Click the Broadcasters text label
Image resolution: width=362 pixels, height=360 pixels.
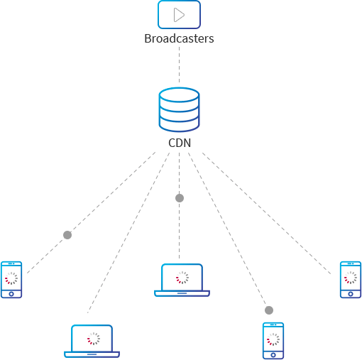pos(179,38)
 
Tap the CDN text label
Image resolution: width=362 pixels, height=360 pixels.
pos(180,143)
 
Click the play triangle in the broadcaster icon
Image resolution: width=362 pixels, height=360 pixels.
pos(179,15)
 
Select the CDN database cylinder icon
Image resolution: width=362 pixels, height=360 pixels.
pos(179,109)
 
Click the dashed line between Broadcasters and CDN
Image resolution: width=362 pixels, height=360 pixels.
pos(179,65)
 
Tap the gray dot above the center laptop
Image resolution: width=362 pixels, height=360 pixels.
pos(180,198)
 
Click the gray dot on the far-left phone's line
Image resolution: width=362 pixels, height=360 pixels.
pos(67,235)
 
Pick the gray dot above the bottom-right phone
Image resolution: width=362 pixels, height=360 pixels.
pos(269,310)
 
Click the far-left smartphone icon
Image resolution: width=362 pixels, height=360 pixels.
pos(11,280)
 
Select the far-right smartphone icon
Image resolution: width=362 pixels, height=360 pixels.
pos(351,280)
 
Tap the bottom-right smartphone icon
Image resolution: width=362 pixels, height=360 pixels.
pos(273,341)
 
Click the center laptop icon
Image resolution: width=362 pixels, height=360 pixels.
pos(182,280)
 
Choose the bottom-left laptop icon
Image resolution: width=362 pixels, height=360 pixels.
pos(92,341)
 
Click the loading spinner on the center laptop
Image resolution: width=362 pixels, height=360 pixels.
pos(182,278)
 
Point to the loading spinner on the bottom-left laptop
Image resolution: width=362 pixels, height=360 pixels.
pos(94,339)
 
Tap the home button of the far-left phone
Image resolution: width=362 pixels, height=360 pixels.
pos(11,294)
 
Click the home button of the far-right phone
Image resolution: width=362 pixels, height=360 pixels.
pos(351,294)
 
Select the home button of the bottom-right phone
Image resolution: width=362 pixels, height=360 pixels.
pos(273,355)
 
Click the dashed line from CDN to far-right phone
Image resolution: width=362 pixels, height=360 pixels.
pos(267,214)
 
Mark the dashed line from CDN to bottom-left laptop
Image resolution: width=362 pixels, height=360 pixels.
pos(128,233)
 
